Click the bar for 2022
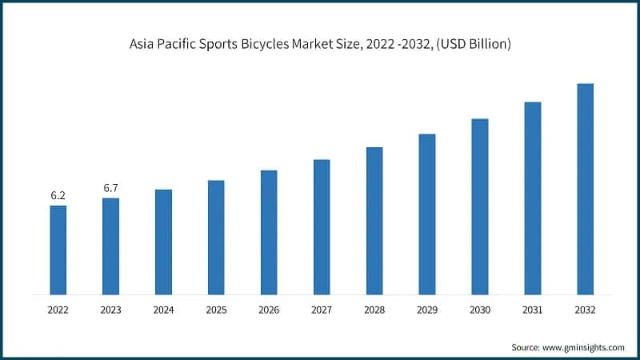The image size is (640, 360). pos(58,250)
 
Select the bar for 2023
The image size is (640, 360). pos(110,246)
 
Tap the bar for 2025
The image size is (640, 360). pos(216,237)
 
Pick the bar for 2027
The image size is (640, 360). pos(322,226)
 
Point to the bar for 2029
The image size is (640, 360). pos(427,214)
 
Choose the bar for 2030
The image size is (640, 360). pos(480,206)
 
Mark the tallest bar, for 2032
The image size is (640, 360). pos(585,189)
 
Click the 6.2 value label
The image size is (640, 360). pos(58,195)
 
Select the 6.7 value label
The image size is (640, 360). pos(110,188)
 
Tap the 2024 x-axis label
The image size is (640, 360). pos(163,309)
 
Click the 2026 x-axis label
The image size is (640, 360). pos(269,309)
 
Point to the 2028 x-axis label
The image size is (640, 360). pos(374,309)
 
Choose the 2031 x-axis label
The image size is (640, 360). pos(533,309)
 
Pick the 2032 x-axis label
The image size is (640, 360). pos(585,309)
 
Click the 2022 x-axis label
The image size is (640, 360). pos(58,309)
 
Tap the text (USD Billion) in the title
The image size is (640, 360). pos(476,46)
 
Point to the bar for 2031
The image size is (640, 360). pos(533,198)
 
